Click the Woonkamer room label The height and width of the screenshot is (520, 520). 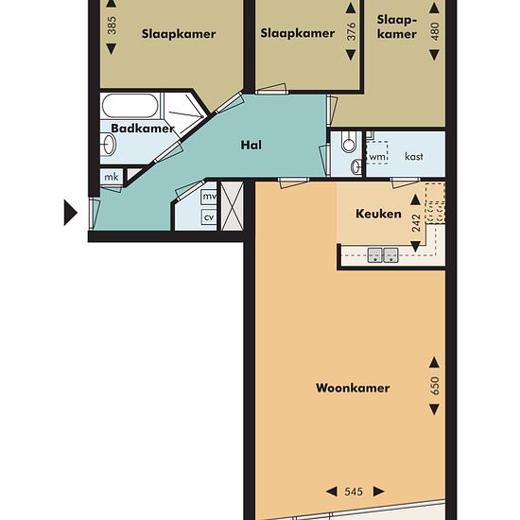point(353,388)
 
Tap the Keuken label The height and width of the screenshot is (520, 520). point(378,214)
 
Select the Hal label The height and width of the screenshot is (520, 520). point(251,145)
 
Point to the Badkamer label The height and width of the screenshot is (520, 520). point(143,129)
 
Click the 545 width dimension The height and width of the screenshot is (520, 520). point(354,491)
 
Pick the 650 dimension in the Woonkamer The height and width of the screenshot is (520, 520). point(435,386)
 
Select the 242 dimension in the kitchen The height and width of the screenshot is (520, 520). point(416,223)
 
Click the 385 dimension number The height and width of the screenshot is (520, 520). point(113,26)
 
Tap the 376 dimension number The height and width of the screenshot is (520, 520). point(351,31)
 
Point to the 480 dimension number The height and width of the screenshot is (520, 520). point(435,31)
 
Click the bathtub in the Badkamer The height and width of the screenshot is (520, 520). point(130,106)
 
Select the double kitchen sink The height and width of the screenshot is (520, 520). point(383,254)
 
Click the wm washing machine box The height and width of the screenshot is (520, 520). point(377,153)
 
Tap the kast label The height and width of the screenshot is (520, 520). point(414,156)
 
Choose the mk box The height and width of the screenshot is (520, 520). point(112,177)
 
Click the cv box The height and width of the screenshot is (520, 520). point(209,217)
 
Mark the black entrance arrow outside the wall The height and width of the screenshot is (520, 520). point(71,213)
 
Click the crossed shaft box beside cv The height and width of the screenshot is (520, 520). point(233,205)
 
